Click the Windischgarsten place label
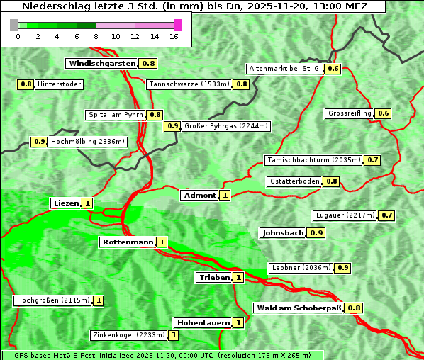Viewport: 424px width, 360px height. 102,63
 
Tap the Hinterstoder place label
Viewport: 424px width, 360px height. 60,84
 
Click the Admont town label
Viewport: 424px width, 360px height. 199,195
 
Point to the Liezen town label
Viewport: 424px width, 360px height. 66,203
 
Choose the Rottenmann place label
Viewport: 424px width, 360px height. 128,242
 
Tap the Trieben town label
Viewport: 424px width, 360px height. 214,277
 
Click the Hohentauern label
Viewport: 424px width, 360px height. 203,322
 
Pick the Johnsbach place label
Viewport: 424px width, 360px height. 283,232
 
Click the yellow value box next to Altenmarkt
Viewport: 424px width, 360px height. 333,69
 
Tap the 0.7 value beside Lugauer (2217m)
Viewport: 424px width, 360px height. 387,215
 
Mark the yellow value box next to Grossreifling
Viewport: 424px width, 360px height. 383,113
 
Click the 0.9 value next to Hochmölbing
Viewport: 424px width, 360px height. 40,141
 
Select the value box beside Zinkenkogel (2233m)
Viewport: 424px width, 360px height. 173,334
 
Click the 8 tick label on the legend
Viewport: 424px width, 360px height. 96,35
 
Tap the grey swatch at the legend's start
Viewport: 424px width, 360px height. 14,25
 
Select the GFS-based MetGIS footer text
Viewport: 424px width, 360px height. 162,355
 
